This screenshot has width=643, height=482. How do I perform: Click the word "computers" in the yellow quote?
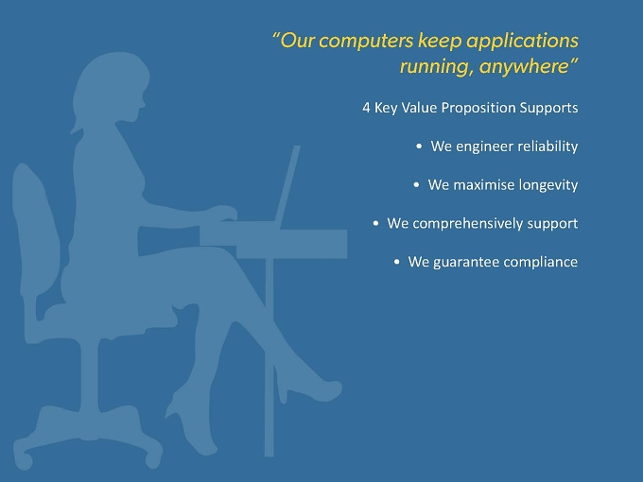(366, 41)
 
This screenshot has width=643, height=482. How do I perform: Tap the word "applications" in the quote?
(522, 42)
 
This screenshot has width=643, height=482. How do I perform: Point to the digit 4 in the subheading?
(366, 108)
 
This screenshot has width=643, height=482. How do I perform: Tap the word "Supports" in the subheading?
(548, 108)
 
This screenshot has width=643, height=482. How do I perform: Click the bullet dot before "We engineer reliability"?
(419, 146)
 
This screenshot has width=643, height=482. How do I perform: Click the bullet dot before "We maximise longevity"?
(416, 185)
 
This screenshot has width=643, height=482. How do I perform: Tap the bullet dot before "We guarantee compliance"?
(396, 262)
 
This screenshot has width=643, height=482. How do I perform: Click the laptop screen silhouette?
(287, 184)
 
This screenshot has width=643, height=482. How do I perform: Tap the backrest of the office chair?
(36, 230)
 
